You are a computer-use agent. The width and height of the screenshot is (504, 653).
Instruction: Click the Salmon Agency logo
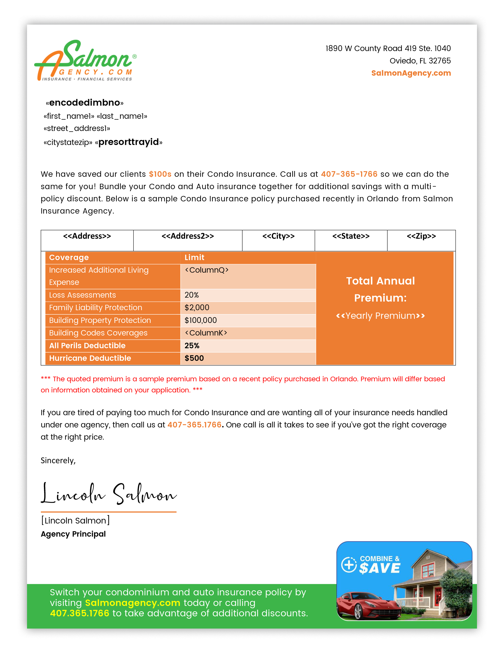(85, 61)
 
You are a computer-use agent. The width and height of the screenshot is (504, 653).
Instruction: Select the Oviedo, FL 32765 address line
(420, 61)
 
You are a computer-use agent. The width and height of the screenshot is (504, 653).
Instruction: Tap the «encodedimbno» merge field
(85, 103)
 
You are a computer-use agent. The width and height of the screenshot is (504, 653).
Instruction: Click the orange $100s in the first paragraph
(160, 174)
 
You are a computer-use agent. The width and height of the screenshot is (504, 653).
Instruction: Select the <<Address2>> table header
(188, 236)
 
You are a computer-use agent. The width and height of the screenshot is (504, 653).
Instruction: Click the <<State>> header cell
(351, 236)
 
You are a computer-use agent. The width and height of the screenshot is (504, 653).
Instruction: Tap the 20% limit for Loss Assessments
(191, 295)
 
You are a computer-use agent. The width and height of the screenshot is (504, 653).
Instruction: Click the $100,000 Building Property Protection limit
(201, 320)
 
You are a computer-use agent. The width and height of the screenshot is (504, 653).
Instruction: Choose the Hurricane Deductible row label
(90, 358)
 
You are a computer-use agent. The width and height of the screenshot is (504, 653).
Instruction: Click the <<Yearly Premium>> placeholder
(380, 316)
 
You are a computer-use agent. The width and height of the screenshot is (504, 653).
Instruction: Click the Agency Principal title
(73, 534)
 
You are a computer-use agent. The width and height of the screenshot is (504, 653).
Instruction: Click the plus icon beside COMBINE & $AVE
(349, 565)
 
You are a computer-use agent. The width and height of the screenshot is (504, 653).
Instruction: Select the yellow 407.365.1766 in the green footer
(79, 613)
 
